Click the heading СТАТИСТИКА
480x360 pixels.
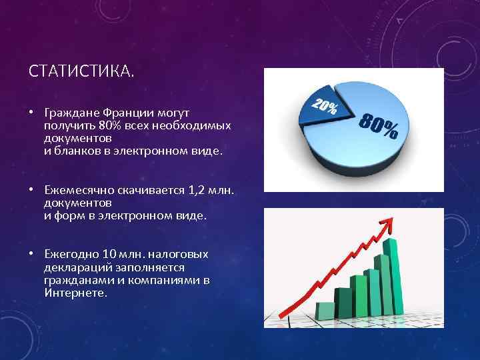click(x=81, y=71)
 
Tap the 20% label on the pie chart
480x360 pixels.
click(x=324, y=107)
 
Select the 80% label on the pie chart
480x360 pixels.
click(x=379, y=126)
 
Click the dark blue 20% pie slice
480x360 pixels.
click(x=319, y=109)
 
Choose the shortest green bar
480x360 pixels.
click(x=325, y=310)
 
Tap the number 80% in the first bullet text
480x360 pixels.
click(x=109, y=126)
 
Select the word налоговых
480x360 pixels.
click(x=183, y=254)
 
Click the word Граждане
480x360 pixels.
click(x=69, y=113)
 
